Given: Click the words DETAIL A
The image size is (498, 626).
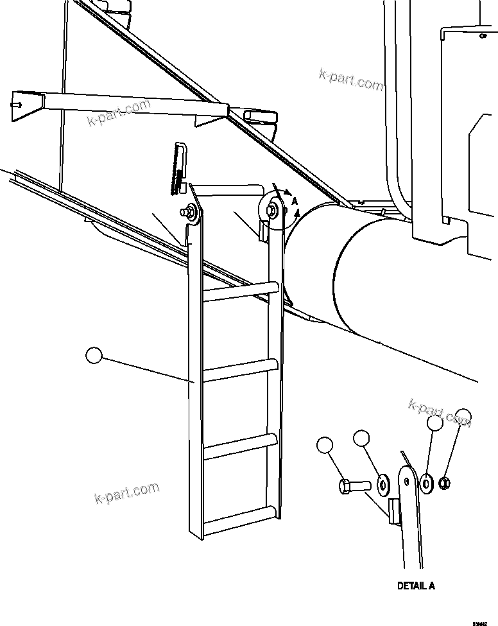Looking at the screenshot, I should click(x=416, y=586).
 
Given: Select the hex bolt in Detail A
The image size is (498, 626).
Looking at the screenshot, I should click(x=353, y=486).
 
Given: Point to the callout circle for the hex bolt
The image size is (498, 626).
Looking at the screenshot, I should click(x=325, y=446).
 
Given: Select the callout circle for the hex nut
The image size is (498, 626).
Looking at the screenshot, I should click(x=463, y=416).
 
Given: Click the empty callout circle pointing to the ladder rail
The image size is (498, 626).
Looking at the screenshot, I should click(x=94, y=355).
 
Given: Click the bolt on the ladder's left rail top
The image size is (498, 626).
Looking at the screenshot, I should click(x=190, y=210).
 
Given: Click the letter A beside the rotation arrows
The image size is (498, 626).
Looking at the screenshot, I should click(x=294, y=201).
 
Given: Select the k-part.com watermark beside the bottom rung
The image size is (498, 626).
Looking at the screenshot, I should click(x=126, y=492).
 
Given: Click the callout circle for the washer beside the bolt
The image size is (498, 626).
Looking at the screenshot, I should click(x=361, y=439).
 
